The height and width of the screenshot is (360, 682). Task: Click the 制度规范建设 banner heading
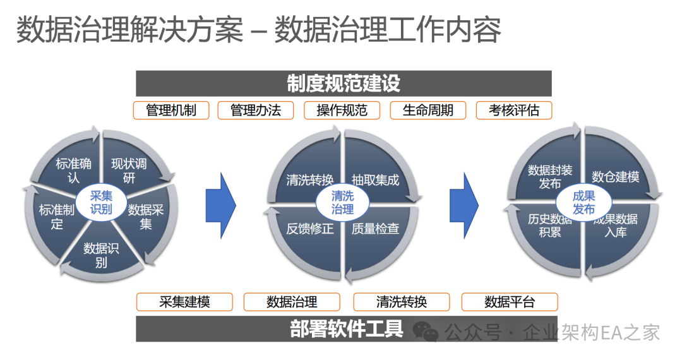click(344, 83)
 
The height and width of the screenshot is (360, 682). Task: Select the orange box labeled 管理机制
click(170, 110)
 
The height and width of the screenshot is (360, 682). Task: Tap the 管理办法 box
click(256, 110)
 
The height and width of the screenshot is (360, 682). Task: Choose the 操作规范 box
click(342, 110)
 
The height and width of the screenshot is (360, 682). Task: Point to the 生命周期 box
click(428, 110)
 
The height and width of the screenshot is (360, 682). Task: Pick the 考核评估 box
click(513, 110)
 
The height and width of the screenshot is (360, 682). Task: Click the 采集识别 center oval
click(101, 202)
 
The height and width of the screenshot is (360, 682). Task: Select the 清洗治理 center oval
click(342, 203)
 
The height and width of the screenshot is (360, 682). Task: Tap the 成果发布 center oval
click(583, 202)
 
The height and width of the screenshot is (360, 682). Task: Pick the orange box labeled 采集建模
click(184, 302)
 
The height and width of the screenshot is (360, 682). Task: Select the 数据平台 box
click(510, 302)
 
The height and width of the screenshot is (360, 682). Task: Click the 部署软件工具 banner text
click(346, 329)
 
